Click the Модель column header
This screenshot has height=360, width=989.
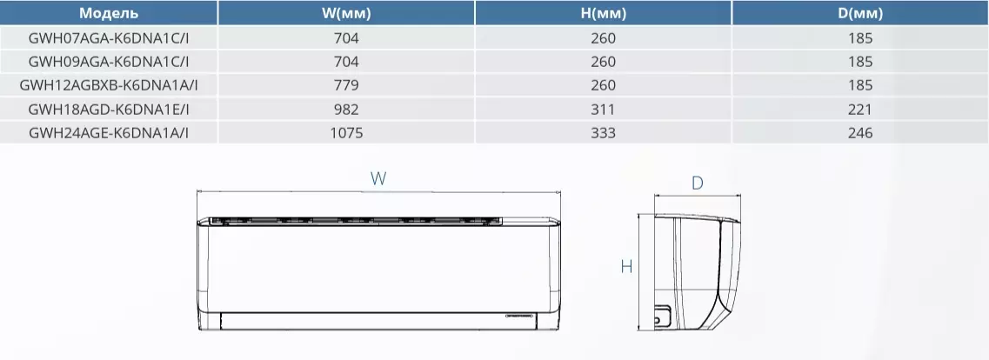click(x=109, y=13)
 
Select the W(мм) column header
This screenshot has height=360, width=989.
click(x=345, y=13)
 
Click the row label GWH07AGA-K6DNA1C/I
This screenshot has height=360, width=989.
click(x=109, y=38)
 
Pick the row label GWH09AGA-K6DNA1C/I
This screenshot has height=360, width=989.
click(x=109, y=62)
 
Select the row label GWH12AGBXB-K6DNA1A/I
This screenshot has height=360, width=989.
click(x=109, y=85)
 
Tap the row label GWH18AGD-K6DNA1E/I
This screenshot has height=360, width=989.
click(x=109, y=110)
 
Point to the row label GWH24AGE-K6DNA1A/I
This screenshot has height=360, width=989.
click(x=109, y=133)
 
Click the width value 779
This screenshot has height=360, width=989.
click(x=345, y=85)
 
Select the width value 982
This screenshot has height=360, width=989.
click(x=345, y=110)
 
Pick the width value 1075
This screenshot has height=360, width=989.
click(x=345, y=133)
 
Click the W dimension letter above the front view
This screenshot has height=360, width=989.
click(x=378, y=178)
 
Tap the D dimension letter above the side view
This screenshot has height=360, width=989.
click(x=697, y=183)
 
